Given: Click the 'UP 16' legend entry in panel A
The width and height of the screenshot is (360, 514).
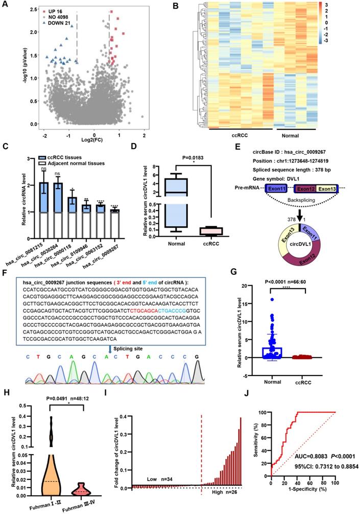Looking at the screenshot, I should pos(44,11).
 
